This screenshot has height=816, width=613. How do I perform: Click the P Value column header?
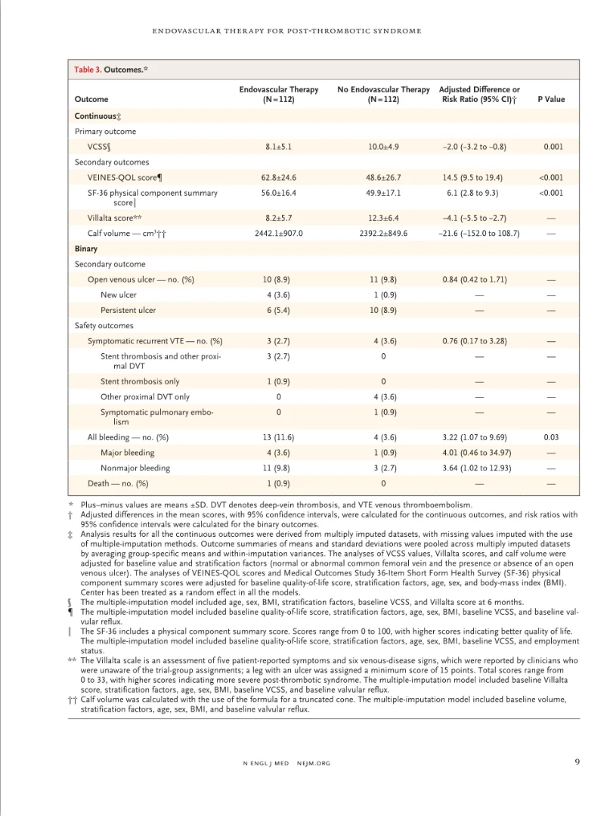tap(550, 99)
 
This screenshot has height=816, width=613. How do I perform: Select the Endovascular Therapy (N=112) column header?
tap(278, 95)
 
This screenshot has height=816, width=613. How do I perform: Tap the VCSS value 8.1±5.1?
tap(278, 147)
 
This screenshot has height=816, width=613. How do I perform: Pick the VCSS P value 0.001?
tap(552, 147)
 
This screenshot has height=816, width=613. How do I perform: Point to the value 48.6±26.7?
tap(383, 178)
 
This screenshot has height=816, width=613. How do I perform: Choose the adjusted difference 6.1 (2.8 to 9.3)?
tap(472, 193)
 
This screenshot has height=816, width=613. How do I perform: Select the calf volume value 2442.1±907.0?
tap(278, 233)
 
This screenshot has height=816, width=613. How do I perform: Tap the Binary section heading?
tap(86, 249)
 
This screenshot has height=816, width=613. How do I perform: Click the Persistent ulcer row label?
tap(129, 310)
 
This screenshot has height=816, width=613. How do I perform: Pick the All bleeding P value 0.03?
tap(552, 437)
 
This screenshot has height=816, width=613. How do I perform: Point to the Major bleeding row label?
tap(127, 452)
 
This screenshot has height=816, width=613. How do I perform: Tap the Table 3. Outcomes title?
tap(110, 70)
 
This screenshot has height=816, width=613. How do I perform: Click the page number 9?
tap(577, 762)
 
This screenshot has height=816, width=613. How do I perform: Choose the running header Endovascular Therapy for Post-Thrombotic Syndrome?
tap(286, 31)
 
